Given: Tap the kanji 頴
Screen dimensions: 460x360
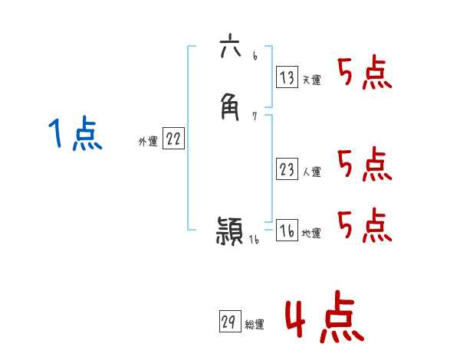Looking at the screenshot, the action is [230, 231].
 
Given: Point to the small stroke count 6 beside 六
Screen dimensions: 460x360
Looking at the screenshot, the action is [254, 57].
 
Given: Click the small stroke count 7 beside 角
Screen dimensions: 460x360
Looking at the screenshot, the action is [255, 116].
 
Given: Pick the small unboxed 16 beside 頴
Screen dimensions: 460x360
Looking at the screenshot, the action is [255, 239].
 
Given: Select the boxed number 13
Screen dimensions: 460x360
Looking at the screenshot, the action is [287, 77].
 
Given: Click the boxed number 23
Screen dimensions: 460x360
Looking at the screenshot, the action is [287, 169].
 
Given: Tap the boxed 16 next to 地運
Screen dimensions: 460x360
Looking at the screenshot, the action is [287, 231].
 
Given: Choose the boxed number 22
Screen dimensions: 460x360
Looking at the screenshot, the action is [174, 139].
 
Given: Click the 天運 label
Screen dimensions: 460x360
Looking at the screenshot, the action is [311, 80].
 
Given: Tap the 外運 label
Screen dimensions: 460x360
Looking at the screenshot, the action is [148, 142].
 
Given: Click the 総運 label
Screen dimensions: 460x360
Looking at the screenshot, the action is [255, 325].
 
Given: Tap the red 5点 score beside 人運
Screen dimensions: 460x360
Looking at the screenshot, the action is [364, 165].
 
